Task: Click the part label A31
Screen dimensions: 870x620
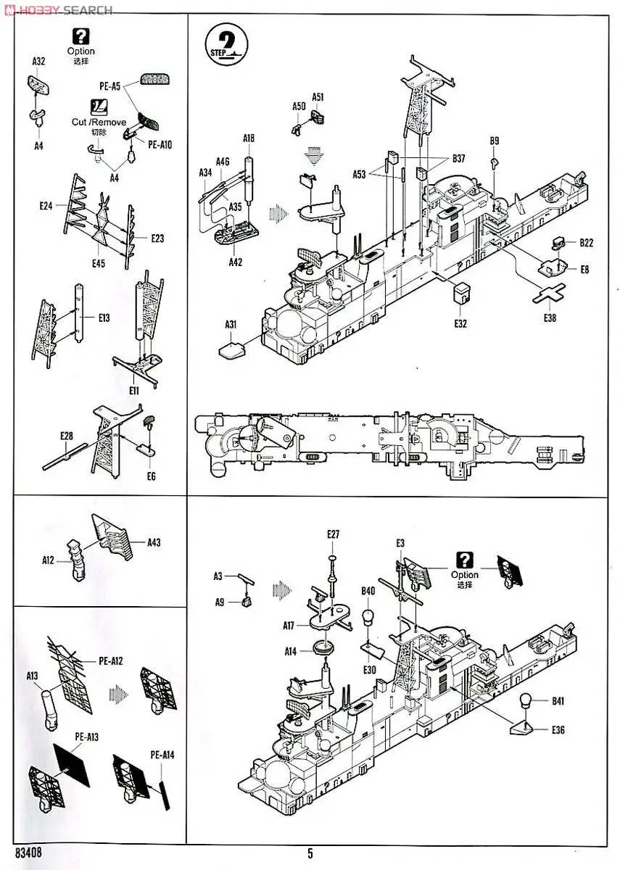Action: click(231, 324)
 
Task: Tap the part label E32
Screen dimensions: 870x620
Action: click(460, 323)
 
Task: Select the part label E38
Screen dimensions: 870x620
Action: click(550, 318)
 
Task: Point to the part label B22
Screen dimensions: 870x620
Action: click(587, 242)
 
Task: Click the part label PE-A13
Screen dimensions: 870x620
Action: click(86, 737)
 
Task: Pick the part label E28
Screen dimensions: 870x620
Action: click(67, 436)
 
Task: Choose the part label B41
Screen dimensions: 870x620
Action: click(558, 701)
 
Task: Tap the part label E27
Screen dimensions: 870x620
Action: click(333, 534)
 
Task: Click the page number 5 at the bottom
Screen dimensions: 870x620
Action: click(310, 853)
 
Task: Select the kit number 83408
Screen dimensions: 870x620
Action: click(28, 853)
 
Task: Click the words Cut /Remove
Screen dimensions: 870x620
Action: click(99, 122)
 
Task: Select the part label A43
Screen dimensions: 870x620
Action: click(154, 542)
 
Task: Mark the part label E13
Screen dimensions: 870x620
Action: click(104, 318)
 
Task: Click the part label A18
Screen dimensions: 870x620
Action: click(249, 138)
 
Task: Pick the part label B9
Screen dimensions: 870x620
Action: click(495, 141)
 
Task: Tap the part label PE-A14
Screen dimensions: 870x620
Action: click(162, 755)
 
